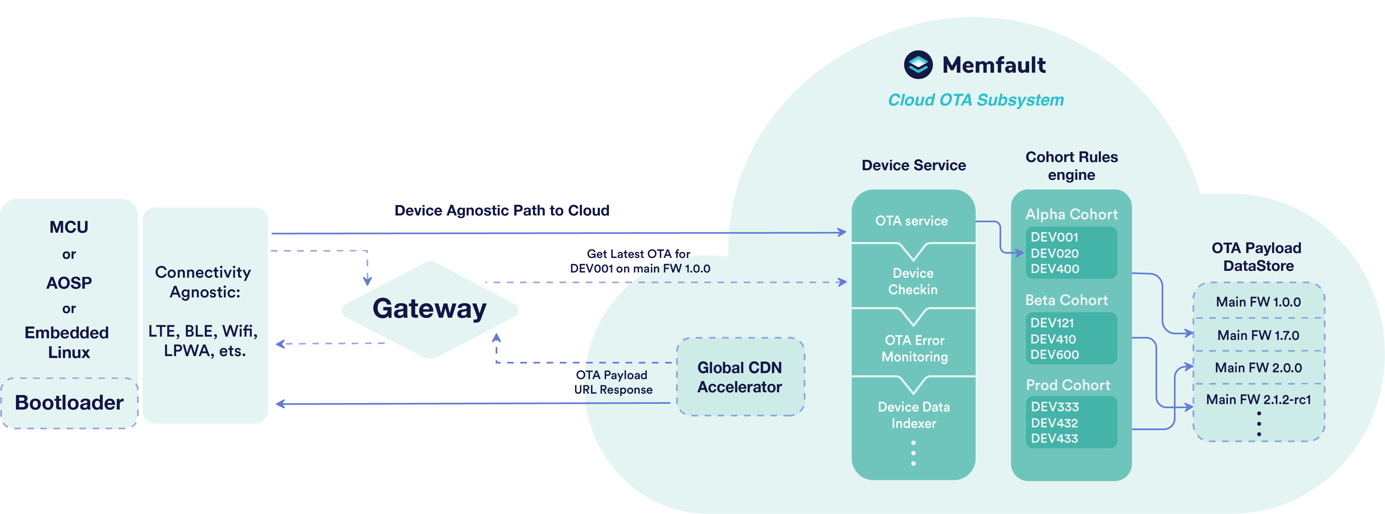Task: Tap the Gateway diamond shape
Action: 430,310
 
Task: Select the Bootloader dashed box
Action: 69,403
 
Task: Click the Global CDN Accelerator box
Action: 740,377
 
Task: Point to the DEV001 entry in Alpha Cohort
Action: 1054,237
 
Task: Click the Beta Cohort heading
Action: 1066,300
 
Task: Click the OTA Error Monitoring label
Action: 915,348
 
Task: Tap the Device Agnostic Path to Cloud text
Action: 502,210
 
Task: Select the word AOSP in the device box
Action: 69,283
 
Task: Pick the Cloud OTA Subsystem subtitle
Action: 976,100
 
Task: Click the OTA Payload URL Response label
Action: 613,382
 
